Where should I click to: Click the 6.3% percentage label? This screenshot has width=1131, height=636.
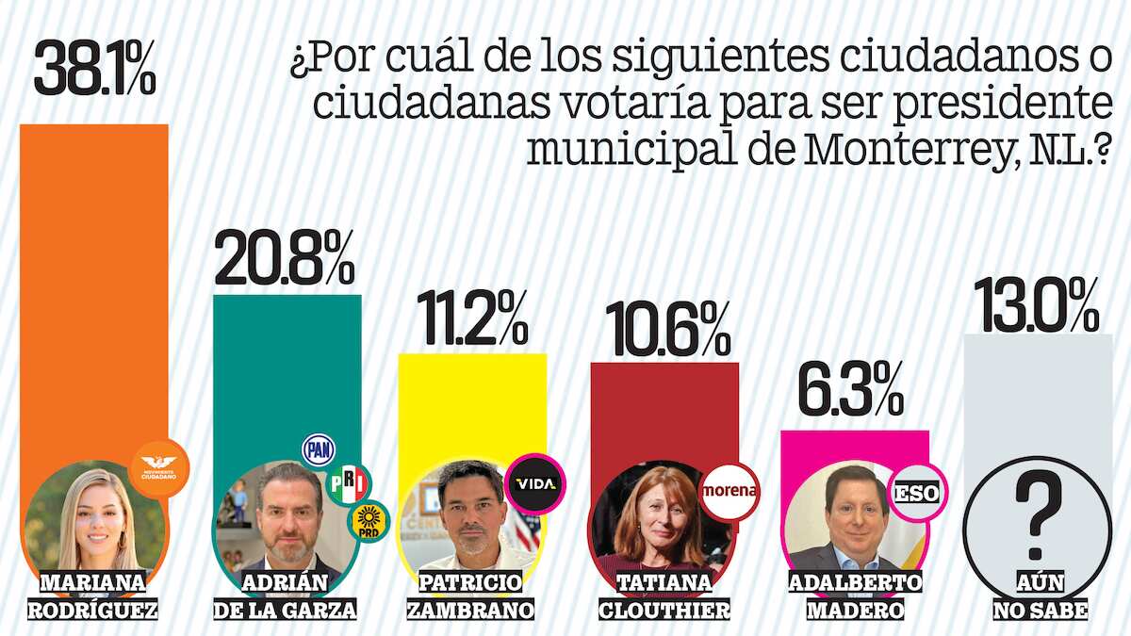point(851,391)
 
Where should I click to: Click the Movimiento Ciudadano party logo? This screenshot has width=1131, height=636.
point(158,465)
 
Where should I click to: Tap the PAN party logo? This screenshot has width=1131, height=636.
point(318,450)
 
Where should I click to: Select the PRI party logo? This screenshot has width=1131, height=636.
point(348,484)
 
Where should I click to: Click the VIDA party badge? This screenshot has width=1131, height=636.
point(535,484)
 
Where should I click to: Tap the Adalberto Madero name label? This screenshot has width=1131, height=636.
point(855,595)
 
